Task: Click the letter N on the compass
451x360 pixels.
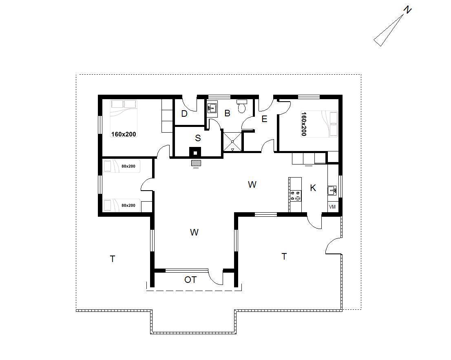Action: tap(407, 10)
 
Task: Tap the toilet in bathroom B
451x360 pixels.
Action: tap(241, 106)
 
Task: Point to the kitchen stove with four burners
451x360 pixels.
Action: tap(295, 196)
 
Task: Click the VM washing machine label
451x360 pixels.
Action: tap(332, 207)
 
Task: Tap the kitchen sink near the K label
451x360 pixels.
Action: tap(332, 191)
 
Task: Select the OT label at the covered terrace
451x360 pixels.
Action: tap(190, 280)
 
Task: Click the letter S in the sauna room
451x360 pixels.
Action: tap(198, 138)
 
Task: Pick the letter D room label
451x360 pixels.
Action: tap(184, 114)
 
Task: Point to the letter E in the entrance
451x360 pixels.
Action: tap(264, 119)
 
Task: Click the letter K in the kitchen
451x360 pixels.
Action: tap(313, 188)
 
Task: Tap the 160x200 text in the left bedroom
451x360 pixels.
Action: tap(124, 134)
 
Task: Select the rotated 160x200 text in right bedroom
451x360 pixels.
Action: tap(304, 124)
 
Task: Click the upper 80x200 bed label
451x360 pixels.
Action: tap(128, 166)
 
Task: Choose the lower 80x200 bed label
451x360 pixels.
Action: tap(128, 205)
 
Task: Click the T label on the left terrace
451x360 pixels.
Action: tap(113, 259)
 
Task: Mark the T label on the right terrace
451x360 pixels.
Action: tap(284, 256)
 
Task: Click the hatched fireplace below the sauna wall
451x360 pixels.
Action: tap(196, 163)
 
